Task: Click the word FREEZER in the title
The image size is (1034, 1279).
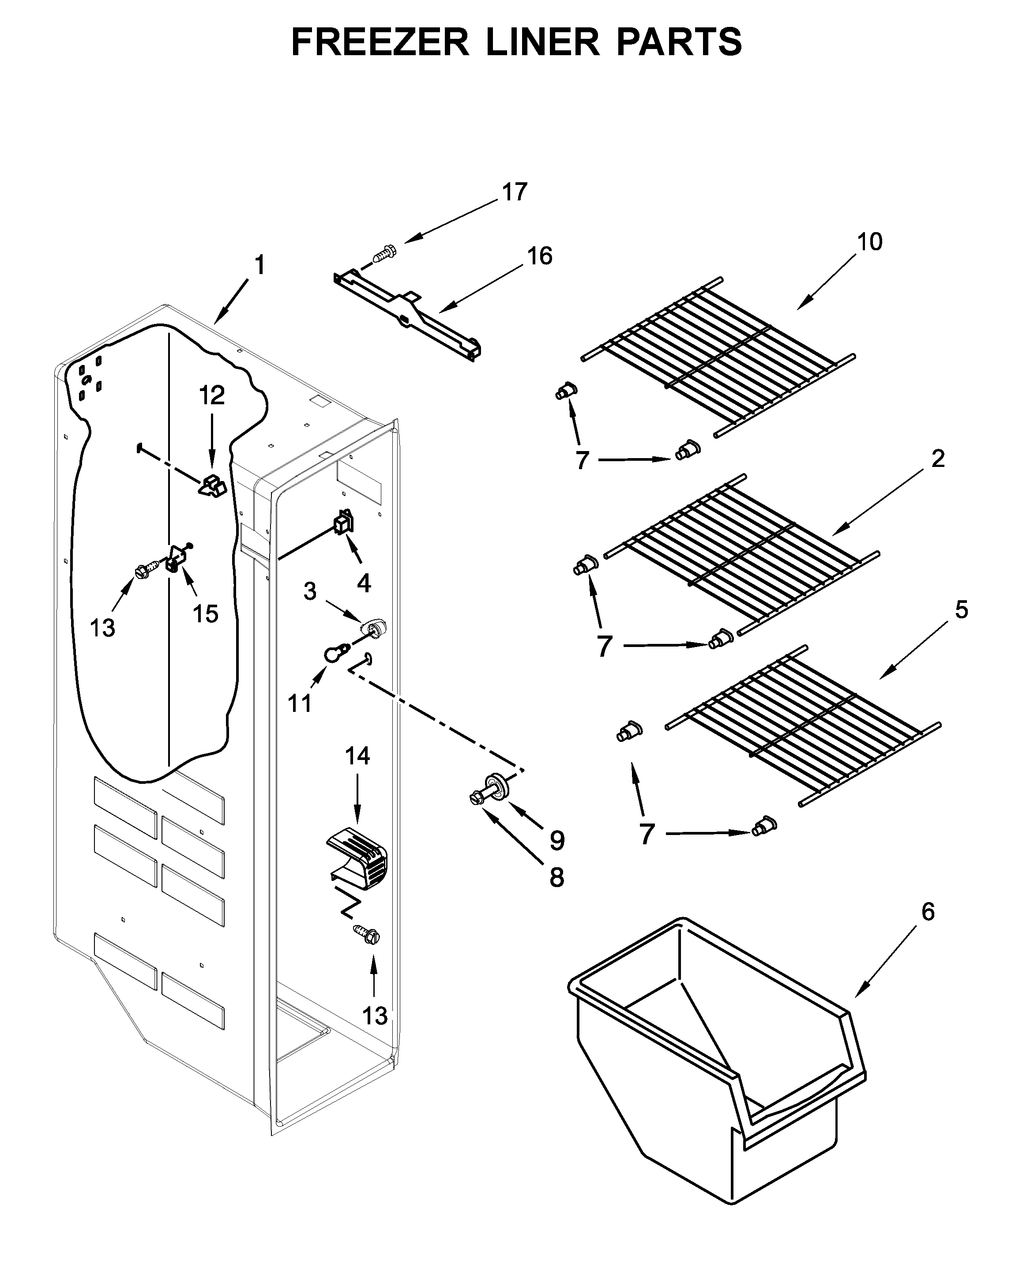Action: pos(380,42)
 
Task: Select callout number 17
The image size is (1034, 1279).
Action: pos(514,192)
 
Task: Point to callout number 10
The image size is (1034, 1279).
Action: pos(869,242)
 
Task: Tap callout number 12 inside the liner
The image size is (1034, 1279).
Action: pos(212,395)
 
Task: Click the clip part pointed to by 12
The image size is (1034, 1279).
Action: pos(212,485)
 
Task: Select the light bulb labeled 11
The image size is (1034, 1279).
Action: pos(334,655)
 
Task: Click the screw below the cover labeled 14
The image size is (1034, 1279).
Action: pos(367,934)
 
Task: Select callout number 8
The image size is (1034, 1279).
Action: pos(556,877)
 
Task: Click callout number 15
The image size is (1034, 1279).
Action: pos(206,613)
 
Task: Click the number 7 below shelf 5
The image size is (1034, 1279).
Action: pos(647,835)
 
